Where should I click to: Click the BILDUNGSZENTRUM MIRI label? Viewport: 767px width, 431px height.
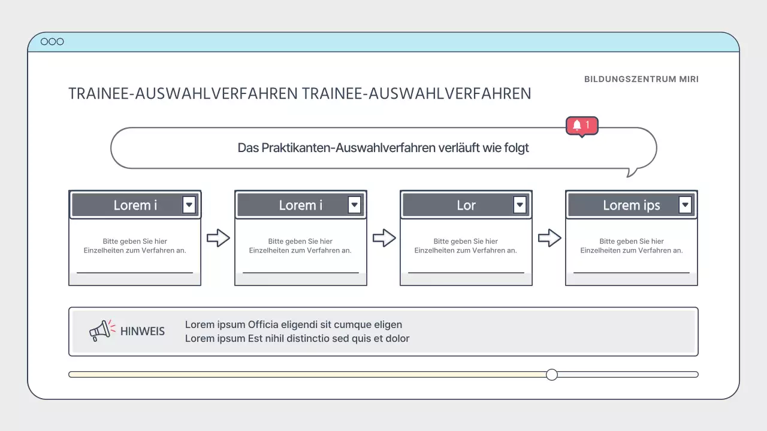(641, 79)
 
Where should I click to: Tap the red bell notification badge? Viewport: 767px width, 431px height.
(582, 126)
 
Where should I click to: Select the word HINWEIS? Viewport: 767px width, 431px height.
(143, 331)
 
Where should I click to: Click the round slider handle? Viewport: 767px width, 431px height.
(552, 375)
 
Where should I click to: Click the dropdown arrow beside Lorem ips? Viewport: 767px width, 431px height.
(686, 205)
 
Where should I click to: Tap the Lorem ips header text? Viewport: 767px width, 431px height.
(631, 205)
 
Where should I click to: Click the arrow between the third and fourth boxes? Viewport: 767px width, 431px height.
(549, 238)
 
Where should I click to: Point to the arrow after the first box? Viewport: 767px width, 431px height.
(218, 238)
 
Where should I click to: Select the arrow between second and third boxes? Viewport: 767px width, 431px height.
(384, 238)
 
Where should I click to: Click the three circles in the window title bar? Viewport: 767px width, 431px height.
(52, 42)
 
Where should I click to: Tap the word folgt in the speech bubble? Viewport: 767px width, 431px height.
(515, 148)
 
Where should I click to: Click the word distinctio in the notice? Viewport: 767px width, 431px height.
(330, 339)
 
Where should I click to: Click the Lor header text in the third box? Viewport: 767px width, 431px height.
(466, 205)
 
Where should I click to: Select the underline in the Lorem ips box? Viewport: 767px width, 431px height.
(632, 273)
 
